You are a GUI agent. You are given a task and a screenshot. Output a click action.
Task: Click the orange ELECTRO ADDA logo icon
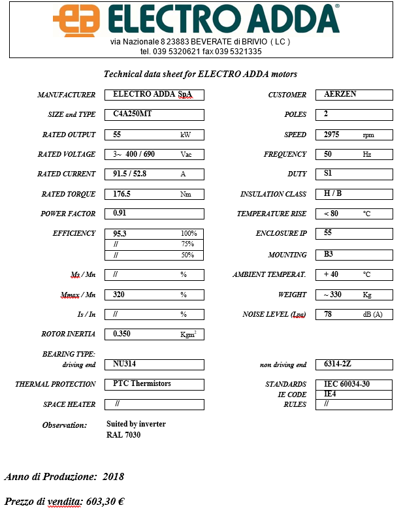[77, 20]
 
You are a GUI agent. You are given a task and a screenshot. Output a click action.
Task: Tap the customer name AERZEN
[340, 95]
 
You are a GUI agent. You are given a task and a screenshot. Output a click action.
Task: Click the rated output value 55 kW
[118, 135]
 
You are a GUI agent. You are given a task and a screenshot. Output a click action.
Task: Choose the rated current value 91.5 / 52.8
[133, 174]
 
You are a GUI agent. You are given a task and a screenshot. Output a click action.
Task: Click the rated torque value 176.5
[122, 194]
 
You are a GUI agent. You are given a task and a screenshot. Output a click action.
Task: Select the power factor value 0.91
[120, 214]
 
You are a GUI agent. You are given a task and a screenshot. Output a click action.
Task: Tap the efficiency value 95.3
[120, 233]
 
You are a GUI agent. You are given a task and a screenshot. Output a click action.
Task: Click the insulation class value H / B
[333, 194]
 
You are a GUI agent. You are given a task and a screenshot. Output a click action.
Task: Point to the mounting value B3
[329, 255]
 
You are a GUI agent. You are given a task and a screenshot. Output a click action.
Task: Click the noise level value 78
[328, 314]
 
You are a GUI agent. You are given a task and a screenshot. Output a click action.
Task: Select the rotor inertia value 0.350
[122, 334]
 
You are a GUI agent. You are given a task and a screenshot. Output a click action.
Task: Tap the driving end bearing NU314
[125, 364]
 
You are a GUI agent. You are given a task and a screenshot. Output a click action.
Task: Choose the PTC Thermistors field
[142, 384]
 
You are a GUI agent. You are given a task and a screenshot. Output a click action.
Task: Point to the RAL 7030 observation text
[123, 435]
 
